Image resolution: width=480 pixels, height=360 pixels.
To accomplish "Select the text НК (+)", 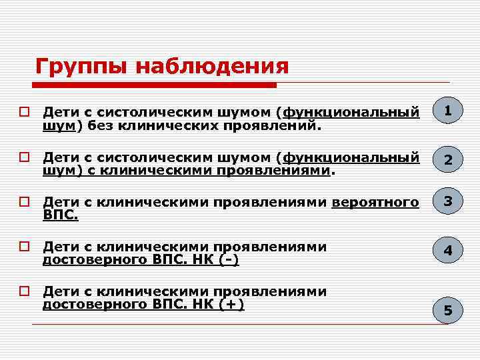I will (217, 304).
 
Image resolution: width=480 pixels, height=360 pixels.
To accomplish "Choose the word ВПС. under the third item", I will (60, 215).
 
